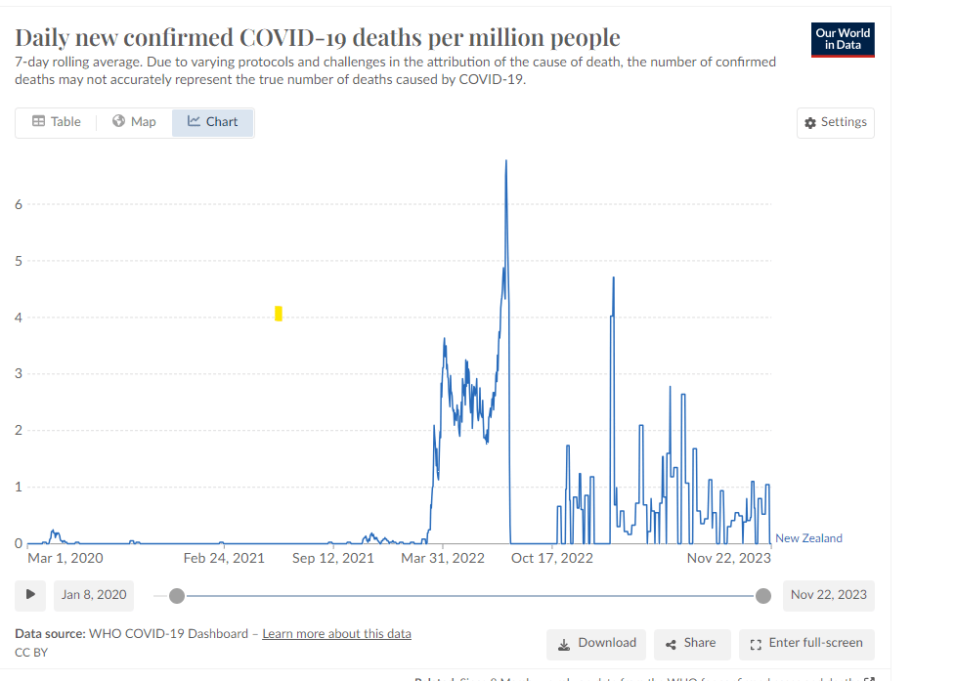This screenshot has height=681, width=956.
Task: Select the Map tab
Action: click(134, 122)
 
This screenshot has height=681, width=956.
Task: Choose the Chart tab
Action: click(212, 122)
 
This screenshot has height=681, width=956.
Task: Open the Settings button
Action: click(835, 122)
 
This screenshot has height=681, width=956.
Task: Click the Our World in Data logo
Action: click(843, 39)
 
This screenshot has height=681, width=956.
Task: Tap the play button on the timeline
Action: click(30, 594)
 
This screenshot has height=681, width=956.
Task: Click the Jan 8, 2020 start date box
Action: click(93, 594)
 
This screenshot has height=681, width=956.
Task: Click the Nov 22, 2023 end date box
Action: click(828, 594)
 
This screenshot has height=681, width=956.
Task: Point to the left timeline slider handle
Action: click(176, 595)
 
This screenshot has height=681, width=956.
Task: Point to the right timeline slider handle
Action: click(763, 595)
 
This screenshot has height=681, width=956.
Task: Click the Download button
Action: click(596, 643)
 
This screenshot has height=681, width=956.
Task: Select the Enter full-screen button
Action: click(806, 643)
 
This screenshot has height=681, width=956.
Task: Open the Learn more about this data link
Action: click(336, 633)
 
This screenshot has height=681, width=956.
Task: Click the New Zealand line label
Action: click(808, 538)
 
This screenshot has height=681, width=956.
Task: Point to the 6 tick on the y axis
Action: click(18, 204)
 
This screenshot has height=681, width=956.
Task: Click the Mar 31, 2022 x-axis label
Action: click(443, 558)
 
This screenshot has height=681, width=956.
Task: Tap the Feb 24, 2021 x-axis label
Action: click(224, 558)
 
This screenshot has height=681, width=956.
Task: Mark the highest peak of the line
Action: click(505, 160)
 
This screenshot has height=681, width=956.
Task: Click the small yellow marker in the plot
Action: click(279, 313)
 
